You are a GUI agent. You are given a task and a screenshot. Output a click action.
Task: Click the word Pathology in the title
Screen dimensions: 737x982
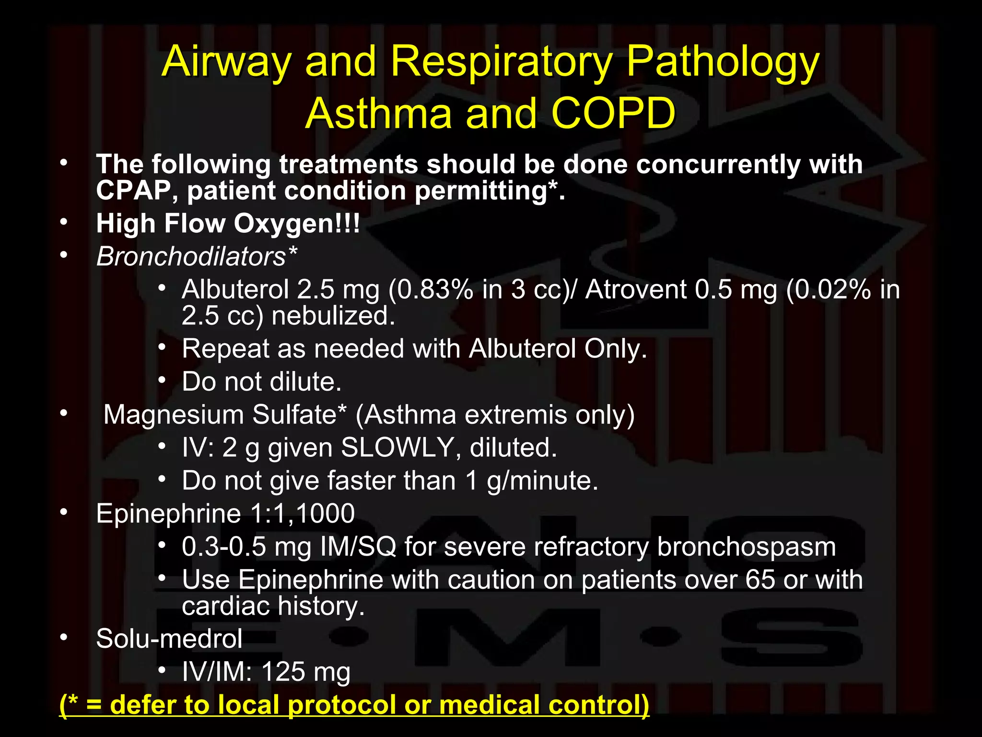click(x=723, y=62)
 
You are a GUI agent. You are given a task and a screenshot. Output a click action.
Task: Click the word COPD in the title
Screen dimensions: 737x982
click(x=613, y=114)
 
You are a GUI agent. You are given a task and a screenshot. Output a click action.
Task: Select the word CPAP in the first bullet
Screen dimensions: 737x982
click(x=133, y=191)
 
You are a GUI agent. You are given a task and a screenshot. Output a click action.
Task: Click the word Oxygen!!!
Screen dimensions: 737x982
click(x=297, y=224)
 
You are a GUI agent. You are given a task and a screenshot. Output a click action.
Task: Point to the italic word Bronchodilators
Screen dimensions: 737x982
click(x=191, y=257)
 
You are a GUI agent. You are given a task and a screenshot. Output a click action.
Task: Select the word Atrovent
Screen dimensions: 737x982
click(x=636, y=290)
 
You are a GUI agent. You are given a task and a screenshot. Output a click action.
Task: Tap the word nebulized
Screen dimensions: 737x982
click(x=333, y=316)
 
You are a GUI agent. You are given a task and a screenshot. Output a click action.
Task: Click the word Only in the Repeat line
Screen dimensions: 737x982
click(x=616, y=349)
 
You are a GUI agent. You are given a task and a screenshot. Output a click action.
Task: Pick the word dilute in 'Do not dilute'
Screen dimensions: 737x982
click(x=305, y=382)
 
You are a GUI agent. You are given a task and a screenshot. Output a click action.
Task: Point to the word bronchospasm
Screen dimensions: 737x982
click(x=746, y=547)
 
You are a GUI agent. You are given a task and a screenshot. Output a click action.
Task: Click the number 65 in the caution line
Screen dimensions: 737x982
click(x=760, y=580)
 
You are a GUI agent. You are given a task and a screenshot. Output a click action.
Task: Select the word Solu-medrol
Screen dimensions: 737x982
click(x=169, y=639)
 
